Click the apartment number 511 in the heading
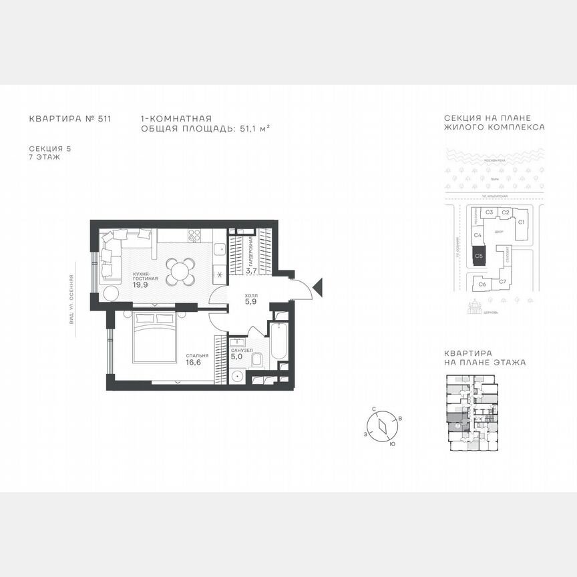(103, 120)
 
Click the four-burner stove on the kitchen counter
(194, 235)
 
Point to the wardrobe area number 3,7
(251, 271)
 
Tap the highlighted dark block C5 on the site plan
(477, 256)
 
